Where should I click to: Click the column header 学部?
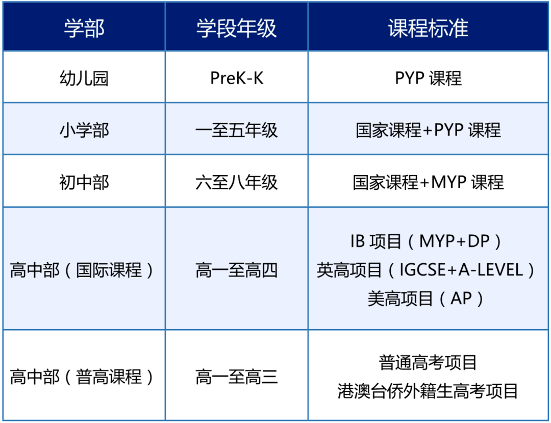(x=84, y=28)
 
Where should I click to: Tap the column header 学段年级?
(x=237, y=28)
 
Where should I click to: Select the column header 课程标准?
(x=428, y=28)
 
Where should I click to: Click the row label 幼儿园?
(x=84, y=78)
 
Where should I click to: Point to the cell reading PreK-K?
(x=237, y=78)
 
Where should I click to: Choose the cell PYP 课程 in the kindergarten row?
(x=428, y=78)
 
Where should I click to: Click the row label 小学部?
(x=84, y=130)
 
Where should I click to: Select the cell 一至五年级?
(x=237, y=130)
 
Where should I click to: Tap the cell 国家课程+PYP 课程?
(x=428, y=130)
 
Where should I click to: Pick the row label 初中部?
(x=84, y=182)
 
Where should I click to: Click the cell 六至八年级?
(x=237, y=182)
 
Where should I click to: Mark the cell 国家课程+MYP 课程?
(x=428, y=182)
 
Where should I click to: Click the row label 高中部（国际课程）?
(x=82, y=270)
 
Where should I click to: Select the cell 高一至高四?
(x=237, y=270)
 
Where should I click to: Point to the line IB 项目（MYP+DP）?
(x=426, y=241)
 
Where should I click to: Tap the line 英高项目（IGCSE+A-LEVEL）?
(x=425, y=270)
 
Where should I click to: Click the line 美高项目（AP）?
(x=426, y=298)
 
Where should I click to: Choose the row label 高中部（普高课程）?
(x=82, y=377)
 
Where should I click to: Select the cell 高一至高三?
(x=237, y=377)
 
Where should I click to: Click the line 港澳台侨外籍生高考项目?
(x=428, y=391)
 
